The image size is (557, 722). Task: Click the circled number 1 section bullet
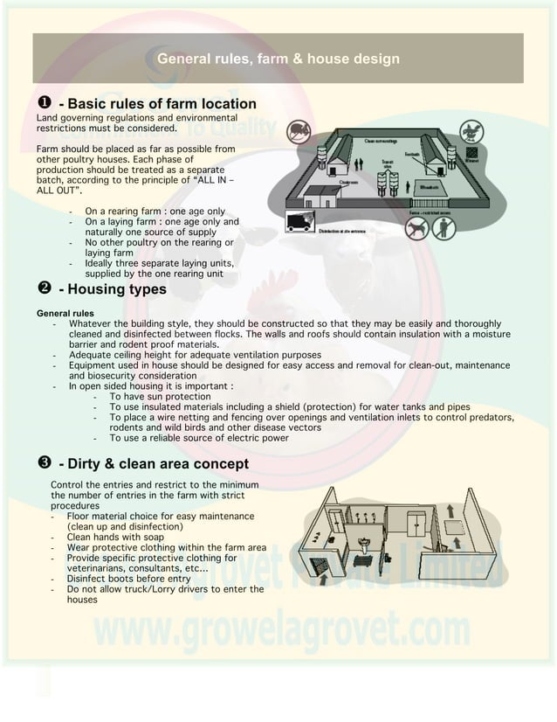[x=42, y=105]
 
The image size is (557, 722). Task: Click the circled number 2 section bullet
[x=42, y=289]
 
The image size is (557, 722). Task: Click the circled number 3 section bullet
[x=42, y=463]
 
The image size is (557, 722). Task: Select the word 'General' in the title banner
[x=182, y=59]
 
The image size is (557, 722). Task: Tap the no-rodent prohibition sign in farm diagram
[x=299, y=131]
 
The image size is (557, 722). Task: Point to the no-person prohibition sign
[x=447, y=228]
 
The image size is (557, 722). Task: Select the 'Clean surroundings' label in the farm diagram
[x=382, y=140]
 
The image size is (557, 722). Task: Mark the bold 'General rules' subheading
[x=65, y=313]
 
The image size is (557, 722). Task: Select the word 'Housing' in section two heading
[x=97, y=289]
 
